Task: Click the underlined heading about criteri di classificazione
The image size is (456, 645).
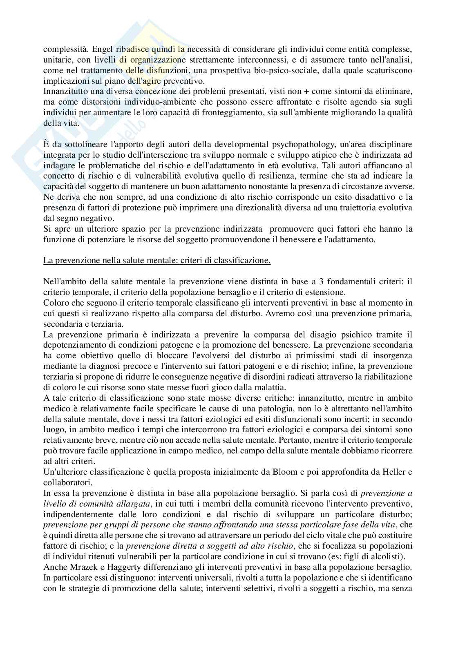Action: pyautogui.click(x=157, y=261)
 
